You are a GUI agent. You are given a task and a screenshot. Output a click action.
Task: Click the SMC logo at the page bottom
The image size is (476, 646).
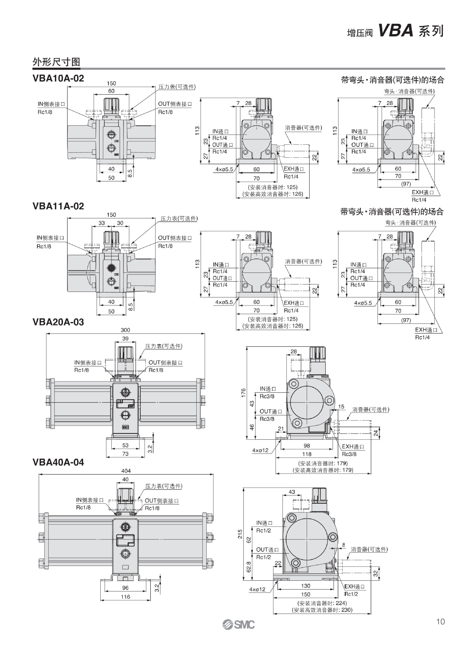238,624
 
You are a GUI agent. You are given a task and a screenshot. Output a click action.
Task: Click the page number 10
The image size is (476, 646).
440,621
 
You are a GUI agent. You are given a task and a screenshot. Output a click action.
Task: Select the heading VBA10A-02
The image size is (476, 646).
58,78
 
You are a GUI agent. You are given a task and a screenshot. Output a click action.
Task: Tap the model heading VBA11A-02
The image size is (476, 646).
58,206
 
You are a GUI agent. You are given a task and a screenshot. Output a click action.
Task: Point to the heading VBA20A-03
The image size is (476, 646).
58,322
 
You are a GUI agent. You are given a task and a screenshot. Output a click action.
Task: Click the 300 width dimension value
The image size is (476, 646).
125,330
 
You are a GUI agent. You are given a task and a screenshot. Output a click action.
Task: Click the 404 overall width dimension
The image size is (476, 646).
126,471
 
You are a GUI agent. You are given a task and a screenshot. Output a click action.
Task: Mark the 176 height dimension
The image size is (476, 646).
243,393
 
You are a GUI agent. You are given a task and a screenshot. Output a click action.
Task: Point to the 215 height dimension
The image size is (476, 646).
240,534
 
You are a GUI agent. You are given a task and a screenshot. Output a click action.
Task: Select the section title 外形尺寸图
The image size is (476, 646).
56,62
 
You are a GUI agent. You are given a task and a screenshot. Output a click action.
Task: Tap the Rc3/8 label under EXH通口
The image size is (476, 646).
349,454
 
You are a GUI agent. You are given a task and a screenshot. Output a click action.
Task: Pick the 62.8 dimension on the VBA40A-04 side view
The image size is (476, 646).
249,567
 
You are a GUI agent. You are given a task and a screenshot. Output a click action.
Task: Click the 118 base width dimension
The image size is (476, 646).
307,454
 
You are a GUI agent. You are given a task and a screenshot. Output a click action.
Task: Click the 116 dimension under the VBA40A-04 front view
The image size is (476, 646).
125,597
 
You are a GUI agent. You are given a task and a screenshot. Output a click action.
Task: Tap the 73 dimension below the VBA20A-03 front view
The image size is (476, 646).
125,454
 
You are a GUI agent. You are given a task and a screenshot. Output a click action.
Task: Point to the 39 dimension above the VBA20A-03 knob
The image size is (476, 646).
125,338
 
